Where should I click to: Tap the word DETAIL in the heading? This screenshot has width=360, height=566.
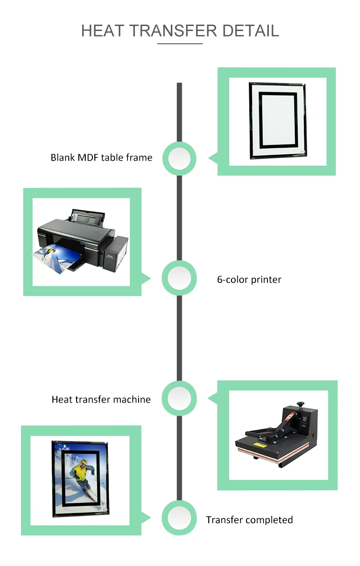pos(251,31)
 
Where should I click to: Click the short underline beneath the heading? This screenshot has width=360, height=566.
pos(180,44)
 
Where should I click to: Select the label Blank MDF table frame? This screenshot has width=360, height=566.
pos(101,158)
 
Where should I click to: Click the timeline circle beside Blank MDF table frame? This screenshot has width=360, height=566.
pos(180,158)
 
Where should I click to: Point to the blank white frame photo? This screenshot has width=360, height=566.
pos(278,120)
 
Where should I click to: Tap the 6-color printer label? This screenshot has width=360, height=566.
pos(249,280)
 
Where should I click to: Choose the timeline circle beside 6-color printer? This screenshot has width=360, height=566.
pos(180,278)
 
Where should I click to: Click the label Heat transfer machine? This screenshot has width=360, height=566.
pos(101,400)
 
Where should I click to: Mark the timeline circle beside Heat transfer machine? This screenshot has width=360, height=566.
pos(180,398)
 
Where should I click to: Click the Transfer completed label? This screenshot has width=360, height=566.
pos(249,520)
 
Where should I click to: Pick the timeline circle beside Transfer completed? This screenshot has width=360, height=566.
pos(180,518)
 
